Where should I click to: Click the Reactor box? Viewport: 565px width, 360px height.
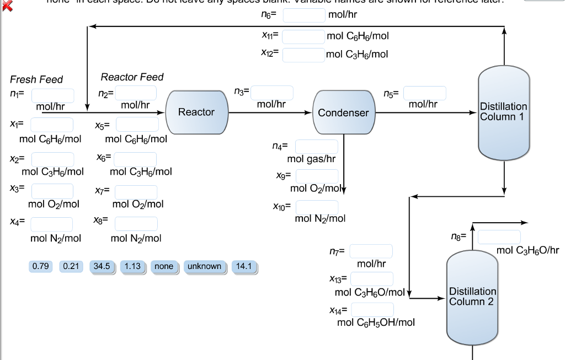(x=196, y=112)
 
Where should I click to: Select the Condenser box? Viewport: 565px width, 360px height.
(x=343, y=112)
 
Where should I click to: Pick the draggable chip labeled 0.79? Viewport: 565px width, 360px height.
(x=41, y=266)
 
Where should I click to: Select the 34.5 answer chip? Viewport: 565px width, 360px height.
(x=102, y=266)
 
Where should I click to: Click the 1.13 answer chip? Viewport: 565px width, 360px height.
(x=132, y=266)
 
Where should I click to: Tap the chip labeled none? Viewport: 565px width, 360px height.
(x=164, y=266)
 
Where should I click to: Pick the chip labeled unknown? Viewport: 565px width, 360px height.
(x=204, y=266)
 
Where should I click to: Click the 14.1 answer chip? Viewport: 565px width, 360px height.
(x=244, y=266)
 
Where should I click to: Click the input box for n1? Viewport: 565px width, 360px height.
(x=52, y=96)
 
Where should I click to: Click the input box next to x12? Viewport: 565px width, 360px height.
(x=304, y=55)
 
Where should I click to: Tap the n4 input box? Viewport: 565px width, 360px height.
(x=317, y=147)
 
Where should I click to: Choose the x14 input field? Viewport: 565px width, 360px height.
(x=373, y=310)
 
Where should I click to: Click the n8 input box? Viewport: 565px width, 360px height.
(x=499, y=237)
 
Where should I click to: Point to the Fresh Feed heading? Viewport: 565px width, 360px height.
(x=36, y=79)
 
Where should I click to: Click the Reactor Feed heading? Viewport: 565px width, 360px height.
(x=132, y=77)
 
